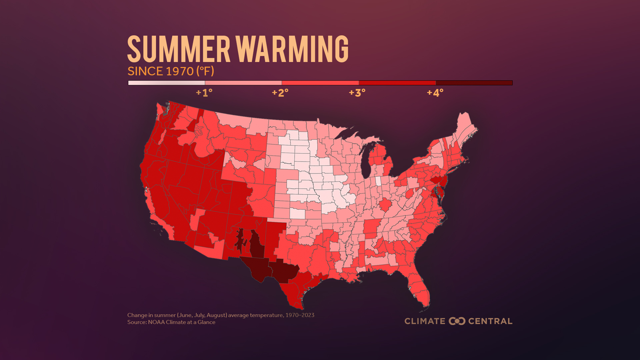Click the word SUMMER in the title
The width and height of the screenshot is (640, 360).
pyautogui.click(x=179, y=49)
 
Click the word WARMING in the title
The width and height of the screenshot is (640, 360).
pyautogui.click(x=292, y=49)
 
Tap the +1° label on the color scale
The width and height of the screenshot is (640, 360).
pyautogui.click(x=204, y=93)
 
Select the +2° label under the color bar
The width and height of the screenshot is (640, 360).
pyautogui.click(x=280, y=93)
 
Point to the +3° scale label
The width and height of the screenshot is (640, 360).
pyautogui.click(x=357, y=93)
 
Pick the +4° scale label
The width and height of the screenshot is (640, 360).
pyautogui.click(x=435, y=93)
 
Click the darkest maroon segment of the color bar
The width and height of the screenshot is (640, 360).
pyautogui.click(x=474, y=83)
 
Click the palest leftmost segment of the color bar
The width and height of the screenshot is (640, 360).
pyautogui.click(x=166, y=83)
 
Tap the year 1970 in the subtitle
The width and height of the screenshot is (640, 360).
pyautogui.click(x=179, y=71)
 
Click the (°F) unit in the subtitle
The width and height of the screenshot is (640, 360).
pyautogui.click(x=205, y=71)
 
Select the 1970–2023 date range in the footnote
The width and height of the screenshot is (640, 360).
pyautogui.click(x=300, y=315)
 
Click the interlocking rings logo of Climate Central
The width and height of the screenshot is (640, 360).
pyautogui.click(x=457, y=321)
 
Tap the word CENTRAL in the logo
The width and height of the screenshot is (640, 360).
pyautogui.click(x=490, y=321)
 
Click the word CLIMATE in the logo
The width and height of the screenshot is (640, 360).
pyautogui.click(x=425, y=321)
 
